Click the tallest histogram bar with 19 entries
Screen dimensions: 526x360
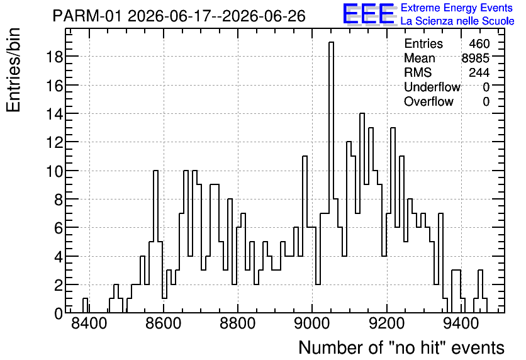tap(331, 177)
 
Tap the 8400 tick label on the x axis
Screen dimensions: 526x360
tap(89, 324)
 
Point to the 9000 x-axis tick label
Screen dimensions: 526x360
tap(312, 324)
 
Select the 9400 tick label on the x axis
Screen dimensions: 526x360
tap(461, 324)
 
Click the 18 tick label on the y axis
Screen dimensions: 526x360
tap(54, 57)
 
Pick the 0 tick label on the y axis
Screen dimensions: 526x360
tap(59, 313)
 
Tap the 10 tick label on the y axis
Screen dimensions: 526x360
tap(54, 171)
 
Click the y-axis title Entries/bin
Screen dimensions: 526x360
tap(13, 70)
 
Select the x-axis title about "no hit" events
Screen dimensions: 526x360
tap(401, 347)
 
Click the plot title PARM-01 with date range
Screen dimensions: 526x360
tap(179, 16)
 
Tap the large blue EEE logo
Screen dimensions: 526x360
tap(369, 14)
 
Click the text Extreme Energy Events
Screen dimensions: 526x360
tap(457, 8)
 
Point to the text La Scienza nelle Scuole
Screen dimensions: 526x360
tap(457, 21)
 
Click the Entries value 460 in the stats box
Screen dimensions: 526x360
tap(479, 43)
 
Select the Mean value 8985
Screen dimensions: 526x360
tap(476, 58)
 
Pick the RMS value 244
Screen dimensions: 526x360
tap(479, 72)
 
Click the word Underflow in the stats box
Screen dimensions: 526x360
tap(432, 87)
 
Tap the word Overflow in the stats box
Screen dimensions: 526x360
tap(428, 101)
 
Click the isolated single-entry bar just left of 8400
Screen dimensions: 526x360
tap(85, 306)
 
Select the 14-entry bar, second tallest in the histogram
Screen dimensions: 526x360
tap(362, 213)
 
